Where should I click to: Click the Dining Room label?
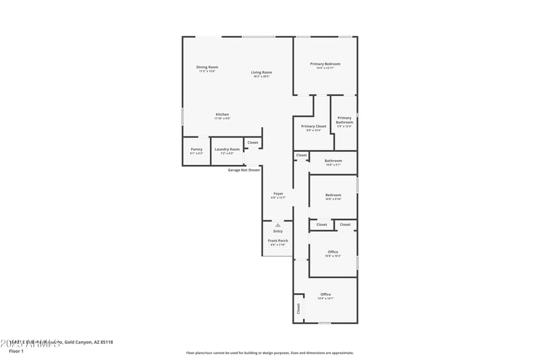207,67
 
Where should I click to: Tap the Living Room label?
261,72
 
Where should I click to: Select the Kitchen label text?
222,114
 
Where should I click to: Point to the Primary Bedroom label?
325,64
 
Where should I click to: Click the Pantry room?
196,151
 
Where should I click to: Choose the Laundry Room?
227,151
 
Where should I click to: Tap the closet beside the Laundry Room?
252,143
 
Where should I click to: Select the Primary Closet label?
313,126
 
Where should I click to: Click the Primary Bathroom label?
344,120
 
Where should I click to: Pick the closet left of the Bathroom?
301,155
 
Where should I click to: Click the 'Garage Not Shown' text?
244,170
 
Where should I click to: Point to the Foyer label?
278,194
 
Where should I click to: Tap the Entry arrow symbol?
277,225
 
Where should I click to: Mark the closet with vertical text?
298,309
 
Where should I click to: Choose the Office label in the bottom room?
325,294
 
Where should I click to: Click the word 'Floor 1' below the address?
16,351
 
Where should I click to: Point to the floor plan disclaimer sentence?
269,353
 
